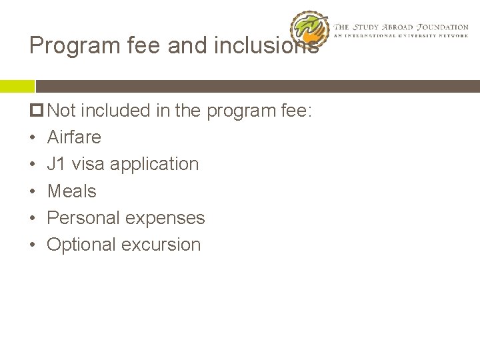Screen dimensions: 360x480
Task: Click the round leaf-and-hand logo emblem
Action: pos(310,30)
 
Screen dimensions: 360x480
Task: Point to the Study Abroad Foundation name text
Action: pos(401,27)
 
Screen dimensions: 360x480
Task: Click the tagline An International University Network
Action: pos(401,35)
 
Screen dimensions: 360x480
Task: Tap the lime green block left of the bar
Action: pos(17,86)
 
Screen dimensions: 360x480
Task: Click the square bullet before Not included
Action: pos(37,111)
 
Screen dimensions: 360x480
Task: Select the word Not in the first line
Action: pos(62,111)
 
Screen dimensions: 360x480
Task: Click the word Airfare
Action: pos(74,137)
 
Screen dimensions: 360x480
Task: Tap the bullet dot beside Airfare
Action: pos(33,138)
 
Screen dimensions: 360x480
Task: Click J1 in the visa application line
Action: pos(56,164)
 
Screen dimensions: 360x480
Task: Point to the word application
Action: pos(154,165)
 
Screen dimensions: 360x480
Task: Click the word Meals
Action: pos(71,191)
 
